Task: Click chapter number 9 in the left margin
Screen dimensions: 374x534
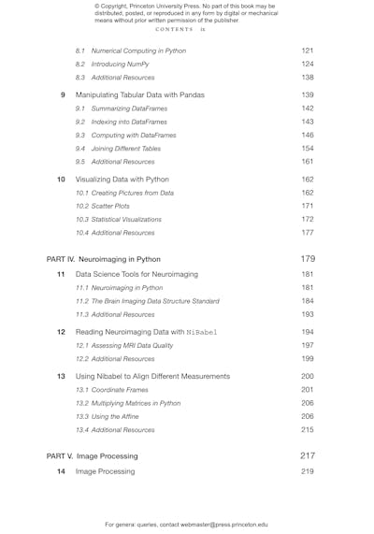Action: click(x=62, y=94)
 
